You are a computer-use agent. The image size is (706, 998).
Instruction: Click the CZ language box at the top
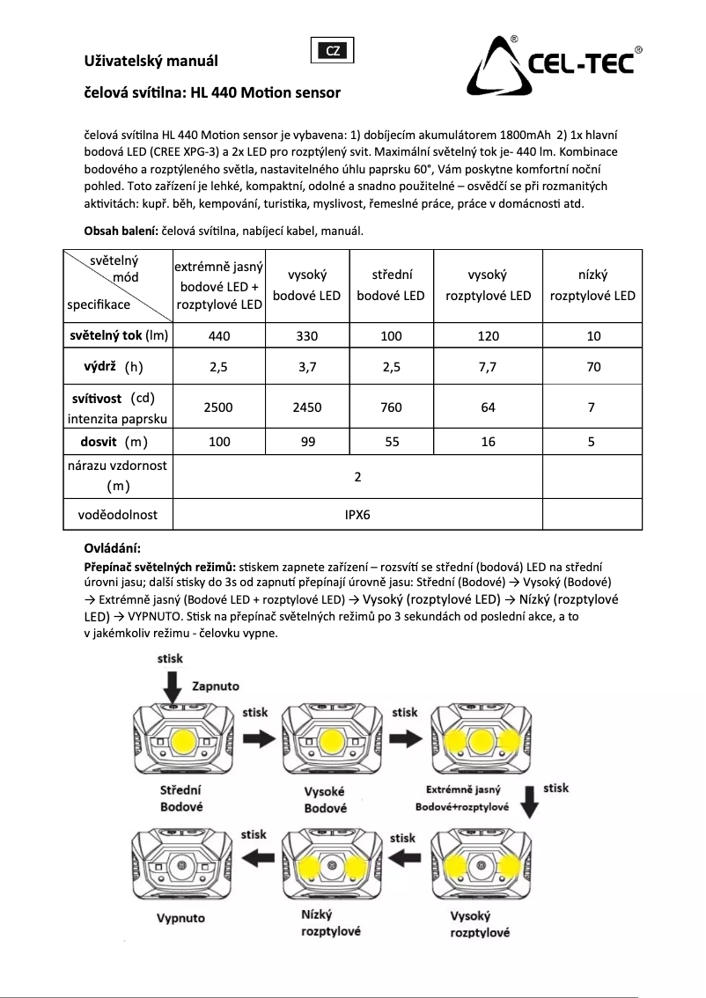334,50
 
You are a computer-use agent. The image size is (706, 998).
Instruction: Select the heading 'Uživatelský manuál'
150,62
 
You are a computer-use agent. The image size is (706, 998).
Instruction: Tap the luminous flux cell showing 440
219,335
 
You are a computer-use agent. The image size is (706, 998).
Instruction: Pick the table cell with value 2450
306,407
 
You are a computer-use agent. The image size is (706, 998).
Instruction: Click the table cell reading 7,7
488,369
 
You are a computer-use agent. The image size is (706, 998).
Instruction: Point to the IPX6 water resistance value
357,514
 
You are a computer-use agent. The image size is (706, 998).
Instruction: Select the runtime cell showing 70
592,369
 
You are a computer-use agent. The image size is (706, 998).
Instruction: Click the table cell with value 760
391,407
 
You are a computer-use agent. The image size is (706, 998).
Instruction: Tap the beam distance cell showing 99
306,443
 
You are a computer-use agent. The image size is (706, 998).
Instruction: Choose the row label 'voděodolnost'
118,514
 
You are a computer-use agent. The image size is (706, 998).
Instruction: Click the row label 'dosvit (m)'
118,442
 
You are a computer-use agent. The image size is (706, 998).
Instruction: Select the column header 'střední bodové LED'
391,285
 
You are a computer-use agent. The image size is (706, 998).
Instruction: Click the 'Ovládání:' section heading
112,548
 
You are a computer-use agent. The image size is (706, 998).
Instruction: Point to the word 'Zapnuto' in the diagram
215,686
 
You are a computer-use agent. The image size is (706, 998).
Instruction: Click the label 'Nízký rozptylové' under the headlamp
331,923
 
